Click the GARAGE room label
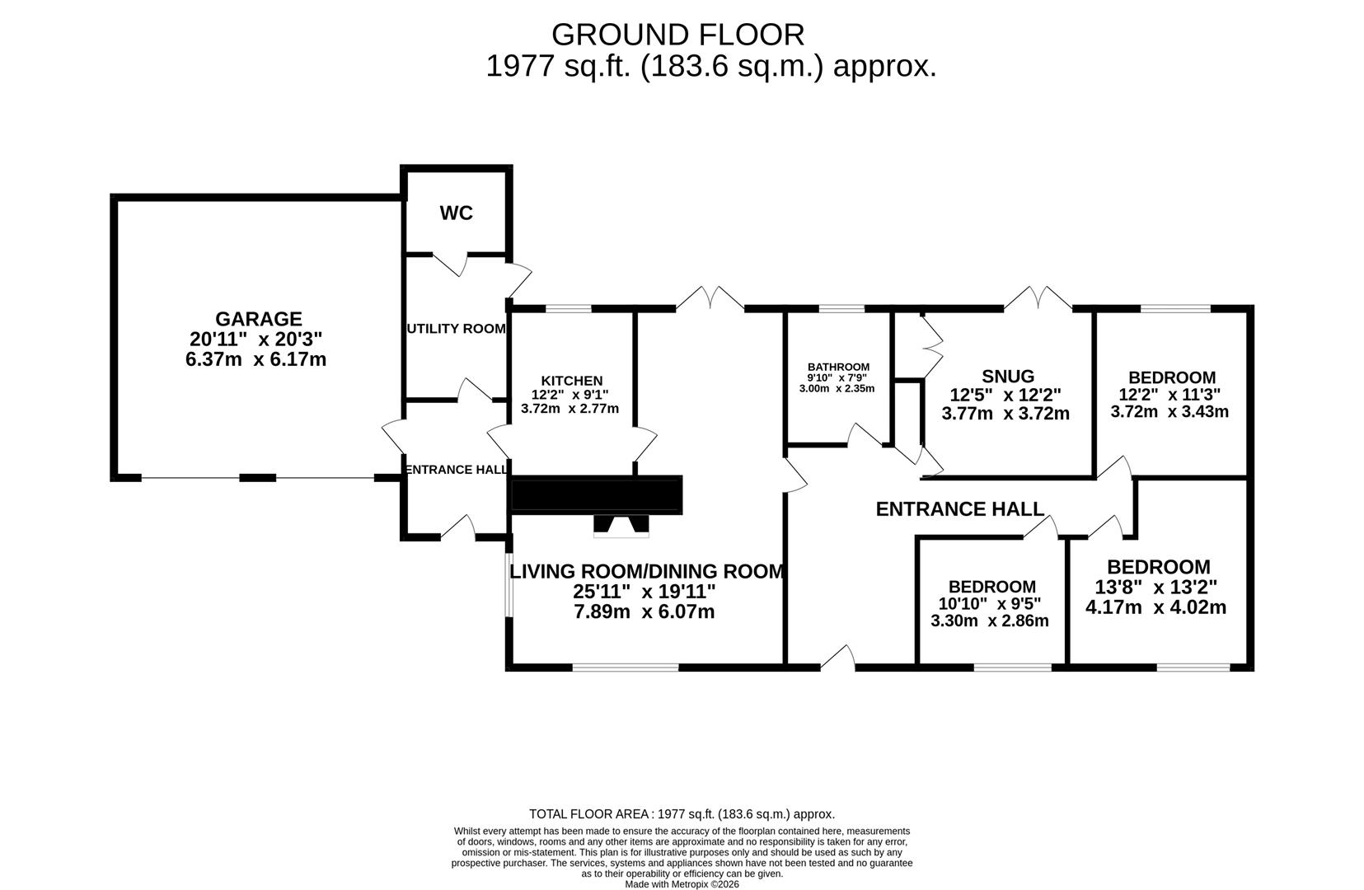tap(258, 318)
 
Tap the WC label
tap(456, 213)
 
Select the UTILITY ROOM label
tap(456, 328)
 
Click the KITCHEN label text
tap(572, 380)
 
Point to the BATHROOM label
tap(838, 367)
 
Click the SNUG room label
tap(1008, 377)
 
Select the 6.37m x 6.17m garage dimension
tap(255, 359)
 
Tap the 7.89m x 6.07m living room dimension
tap(644, 611)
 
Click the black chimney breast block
tap(597, 495)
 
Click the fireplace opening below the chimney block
tap(621, 527)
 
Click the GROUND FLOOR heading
tap(677, 35)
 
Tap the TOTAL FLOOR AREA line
tap(682, 813)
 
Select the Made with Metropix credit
tap(682, 884)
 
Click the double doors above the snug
tap(1038, 298)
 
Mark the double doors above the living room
tap(710, 298)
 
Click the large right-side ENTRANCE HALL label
tap(959, 509)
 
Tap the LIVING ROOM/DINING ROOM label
tap(646, 571)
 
